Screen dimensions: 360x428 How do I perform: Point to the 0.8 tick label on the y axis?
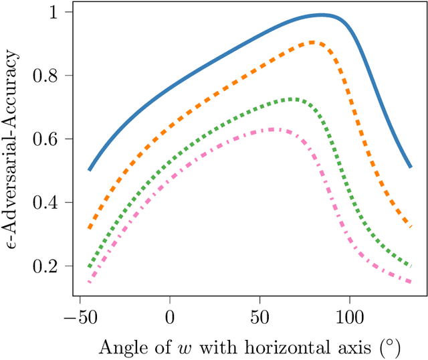pos(51,76)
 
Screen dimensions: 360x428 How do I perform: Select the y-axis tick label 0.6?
pos(51,139)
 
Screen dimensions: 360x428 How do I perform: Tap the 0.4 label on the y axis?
pos(51,203)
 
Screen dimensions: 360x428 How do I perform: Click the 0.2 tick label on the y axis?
pos(51,266)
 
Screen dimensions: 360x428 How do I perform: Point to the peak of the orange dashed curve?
pos(313,43)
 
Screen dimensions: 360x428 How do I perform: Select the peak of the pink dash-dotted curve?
pos(272,129)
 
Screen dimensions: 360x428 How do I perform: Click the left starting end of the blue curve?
pos(90,170)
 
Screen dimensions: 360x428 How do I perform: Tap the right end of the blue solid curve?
pos(410,167)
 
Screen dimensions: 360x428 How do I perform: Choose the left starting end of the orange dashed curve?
pos(90,228)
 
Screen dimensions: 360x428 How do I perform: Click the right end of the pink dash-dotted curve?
pos(410,282)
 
